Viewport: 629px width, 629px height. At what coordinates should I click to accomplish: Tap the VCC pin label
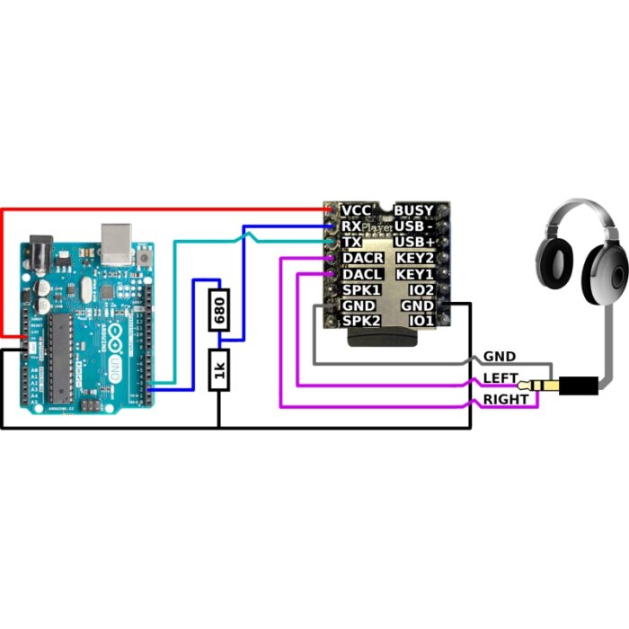(x=357, y=210)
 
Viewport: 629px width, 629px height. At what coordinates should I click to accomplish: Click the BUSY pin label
(x=414, y=210)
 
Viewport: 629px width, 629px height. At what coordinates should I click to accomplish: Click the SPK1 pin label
(x=362, y=290)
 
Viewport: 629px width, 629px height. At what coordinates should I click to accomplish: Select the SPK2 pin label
(x=362, y=321)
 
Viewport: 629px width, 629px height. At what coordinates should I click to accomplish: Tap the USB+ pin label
(x=415, y=243)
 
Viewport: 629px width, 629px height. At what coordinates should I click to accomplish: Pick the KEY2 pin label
(x=415, y=259)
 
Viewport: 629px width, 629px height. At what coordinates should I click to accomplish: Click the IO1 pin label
(x=421, y=321)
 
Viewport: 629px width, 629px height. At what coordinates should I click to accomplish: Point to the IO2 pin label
(x=421, y=290)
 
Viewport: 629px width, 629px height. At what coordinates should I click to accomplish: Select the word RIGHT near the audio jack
(x=506, y=399)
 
